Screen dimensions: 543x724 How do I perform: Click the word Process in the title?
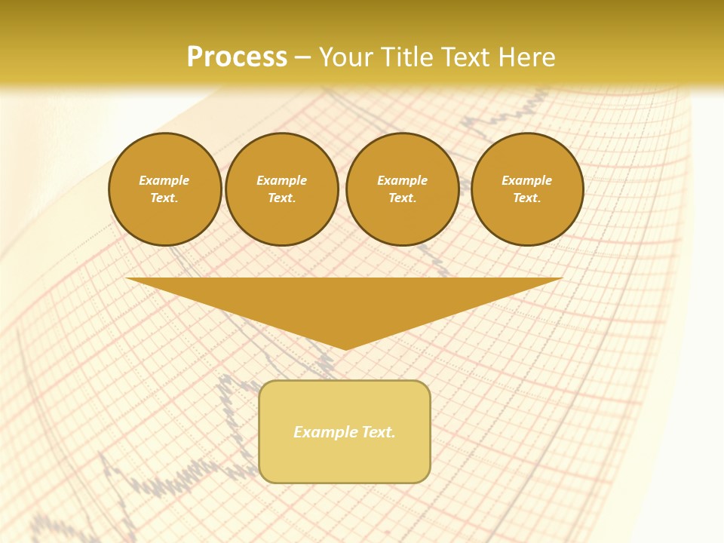click(237, 57)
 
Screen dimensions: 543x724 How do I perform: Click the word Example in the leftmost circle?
click(164, 180)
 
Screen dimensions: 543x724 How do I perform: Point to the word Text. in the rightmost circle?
click(527, 198)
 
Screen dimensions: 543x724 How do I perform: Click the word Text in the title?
click(463, 57)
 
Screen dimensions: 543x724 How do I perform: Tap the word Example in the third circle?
click(402, 180)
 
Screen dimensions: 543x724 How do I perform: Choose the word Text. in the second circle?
click(281, 198)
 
